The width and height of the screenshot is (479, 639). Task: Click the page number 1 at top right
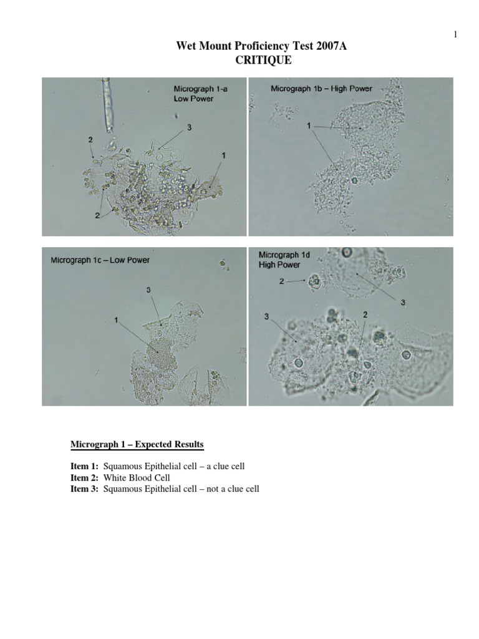click(x=455, y=34)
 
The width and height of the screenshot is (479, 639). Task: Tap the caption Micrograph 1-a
click(x=200, y=89)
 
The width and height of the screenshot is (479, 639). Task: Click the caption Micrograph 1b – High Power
click(x=321, y=89)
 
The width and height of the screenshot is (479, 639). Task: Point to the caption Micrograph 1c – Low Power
click(x=100, y=260)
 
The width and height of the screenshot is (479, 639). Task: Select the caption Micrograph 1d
click(x=284, y=255)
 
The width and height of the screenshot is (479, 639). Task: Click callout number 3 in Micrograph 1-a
click(x=188, y=127)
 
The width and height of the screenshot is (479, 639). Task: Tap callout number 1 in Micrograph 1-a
click(x=223, y=154)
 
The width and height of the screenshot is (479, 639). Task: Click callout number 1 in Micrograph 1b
click(x=309, y=127)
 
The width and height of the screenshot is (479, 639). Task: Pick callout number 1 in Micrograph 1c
click(x=117, y=319)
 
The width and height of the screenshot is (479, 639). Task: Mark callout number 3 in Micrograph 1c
click(x=148, y=290)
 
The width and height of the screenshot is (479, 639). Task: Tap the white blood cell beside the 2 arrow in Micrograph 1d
click(x=314, y=282)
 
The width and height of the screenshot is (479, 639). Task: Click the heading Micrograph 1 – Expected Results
click(x=137, y=444)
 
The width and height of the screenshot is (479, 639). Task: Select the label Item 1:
click(x=84, y=466)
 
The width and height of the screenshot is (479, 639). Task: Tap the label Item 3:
click(x=84, y=489)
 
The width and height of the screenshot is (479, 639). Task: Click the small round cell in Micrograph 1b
click(x=355, y=181)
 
